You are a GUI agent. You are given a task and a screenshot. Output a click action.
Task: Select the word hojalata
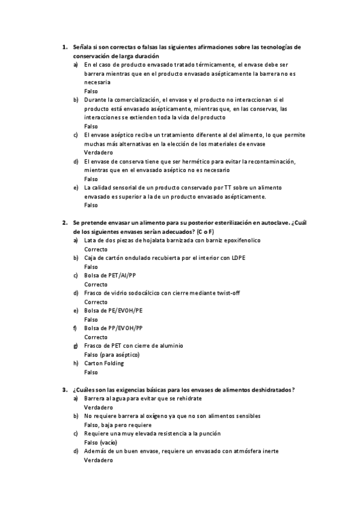click(140, 240)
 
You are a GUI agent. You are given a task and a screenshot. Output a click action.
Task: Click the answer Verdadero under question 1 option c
click(99, 153)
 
